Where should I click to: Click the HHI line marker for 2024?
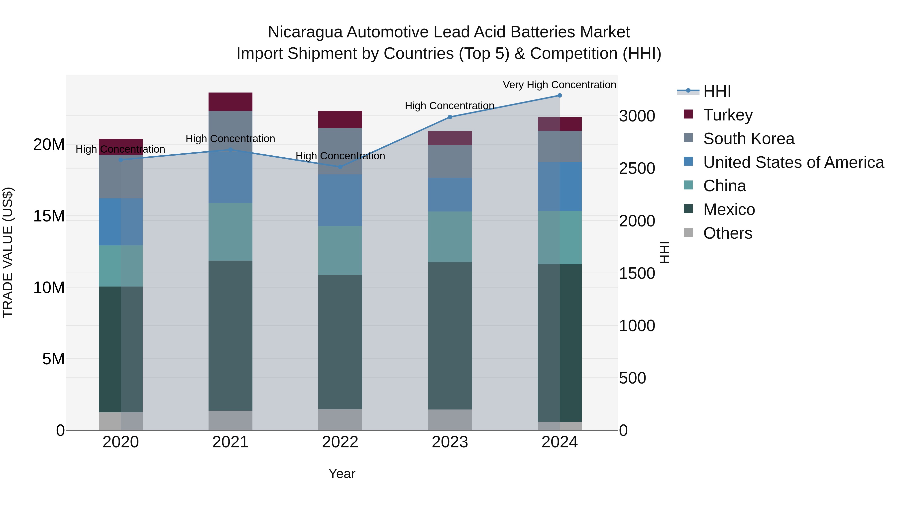pyautogui.click(x=560, y=96)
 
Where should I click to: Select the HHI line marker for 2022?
pyautogui.click(x=340, y=167)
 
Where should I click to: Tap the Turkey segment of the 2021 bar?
pyautogui.click(x=230, y=102)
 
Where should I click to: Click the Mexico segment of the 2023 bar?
pyautogui.click(x=450, y=336)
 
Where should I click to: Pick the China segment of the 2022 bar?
pyautogui.click(x=340, y=250)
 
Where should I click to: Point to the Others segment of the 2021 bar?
pyautogui.click(x=230, y=420)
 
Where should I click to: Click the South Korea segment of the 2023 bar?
pyautogui.click(x=450, y=161)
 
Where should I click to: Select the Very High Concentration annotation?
pyautogui.click(x=559, y=85)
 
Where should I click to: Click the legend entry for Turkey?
pyautogui.click(x=728, y=115)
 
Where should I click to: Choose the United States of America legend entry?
pyautogui.click(x=793, y=162)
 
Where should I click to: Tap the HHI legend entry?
pyautogui.click(x=717, y=91)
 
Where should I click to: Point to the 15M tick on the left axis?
pyautogui.click(x=49, y=216)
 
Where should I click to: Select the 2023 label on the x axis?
pyautogui.click(x=450, y=442)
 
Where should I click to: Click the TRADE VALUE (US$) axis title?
pyautogui.click(x=8, y=252)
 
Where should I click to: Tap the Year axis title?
pyautogui.click(x=342, y=474)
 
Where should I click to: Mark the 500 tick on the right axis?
pyautogui.click(x=632, y=378)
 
